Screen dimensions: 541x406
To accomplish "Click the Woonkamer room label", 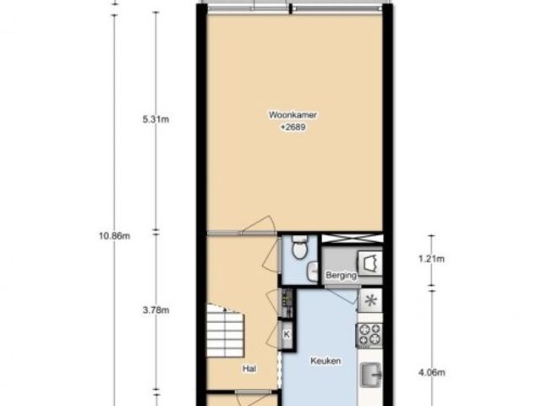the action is coord(292,115).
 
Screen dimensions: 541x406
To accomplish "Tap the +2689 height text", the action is coord(293,128).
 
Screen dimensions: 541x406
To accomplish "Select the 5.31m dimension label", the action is coord(156,119).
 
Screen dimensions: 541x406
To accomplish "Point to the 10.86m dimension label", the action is coord(115,236).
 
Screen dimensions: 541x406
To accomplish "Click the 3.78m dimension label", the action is coord(156,310).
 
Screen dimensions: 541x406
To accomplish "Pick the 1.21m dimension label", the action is coord(432,259).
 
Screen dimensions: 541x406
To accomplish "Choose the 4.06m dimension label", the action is coord(432,372).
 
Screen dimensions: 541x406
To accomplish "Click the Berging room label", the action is coord(341,275).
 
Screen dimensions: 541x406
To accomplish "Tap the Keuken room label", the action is coord(325,361).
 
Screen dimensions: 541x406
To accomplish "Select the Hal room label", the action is coord(249,369).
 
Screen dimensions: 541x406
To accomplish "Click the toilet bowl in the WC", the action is coord(298,247).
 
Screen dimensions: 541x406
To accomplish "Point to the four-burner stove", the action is coord(369,335).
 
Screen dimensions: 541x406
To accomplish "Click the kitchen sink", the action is coord(371,375).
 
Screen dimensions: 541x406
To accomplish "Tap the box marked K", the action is coord(287,335).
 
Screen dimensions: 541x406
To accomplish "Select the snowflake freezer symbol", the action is coord(370,300).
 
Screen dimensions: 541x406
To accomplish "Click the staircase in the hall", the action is coord(226,331).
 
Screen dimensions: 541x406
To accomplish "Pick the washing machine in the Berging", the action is coord(370,263).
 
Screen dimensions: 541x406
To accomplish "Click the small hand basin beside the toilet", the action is coord(313,271).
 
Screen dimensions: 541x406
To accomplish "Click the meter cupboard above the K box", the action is coord(287,303).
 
